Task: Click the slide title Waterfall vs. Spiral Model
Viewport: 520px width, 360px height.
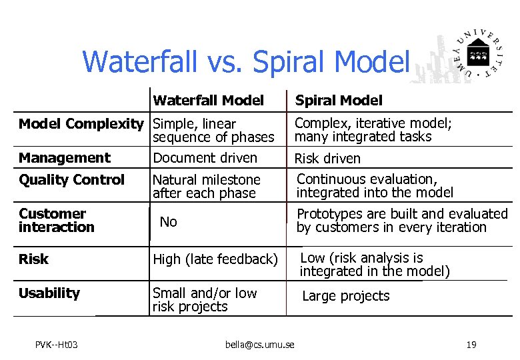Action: click(x=245, y=61)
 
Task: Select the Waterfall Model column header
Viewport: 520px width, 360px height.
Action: click(x=208, y=101)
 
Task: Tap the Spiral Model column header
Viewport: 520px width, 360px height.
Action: click(x=339, y=101)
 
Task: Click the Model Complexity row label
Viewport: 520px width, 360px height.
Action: click(x=81, y=124)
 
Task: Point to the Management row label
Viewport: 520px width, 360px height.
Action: click(x=64, y=158)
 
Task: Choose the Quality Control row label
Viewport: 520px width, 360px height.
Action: click(x=71, y=180)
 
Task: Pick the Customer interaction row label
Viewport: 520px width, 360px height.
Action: click(x=56, y=221)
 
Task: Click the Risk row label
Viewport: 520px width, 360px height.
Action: click(x=33, y=259)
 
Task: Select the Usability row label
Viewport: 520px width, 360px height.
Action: click(x=49, y=293)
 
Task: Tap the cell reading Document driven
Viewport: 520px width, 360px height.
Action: click(x=205, y=158)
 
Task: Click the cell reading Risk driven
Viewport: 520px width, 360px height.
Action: click(x=327, y=159)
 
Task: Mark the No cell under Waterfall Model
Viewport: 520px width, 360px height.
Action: click(x=168, y=222)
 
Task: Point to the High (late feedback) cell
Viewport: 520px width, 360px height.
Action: click(x=215, y=259)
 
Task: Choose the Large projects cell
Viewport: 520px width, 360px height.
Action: click(x=345, y=296)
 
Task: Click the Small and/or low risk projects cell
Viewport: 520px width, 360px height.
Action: click(x=204, y=300)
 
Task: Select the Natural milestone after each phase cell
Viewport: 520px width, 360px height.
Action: click(x=206, y=187)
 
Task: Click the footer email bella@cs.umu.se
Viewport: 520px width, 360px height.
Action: click(x=259, y=345)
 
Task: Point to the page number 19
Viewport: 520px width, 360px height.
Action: click(x=471, y=345)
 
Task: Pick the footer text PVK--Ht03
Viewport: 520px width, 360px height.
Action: click(x=57, y=345)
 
